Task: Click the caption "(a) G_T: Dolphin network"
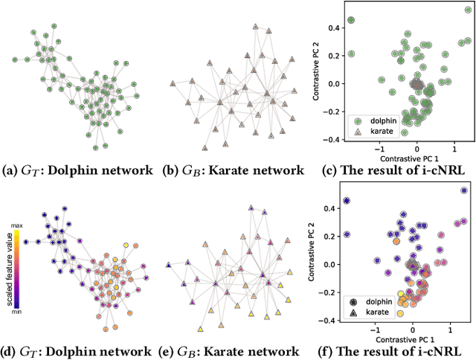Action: tap(77, 170)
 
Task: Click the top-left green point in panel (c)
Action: tap(352, 20)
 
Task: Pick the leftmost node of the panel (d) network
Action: tap(25, 242)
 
